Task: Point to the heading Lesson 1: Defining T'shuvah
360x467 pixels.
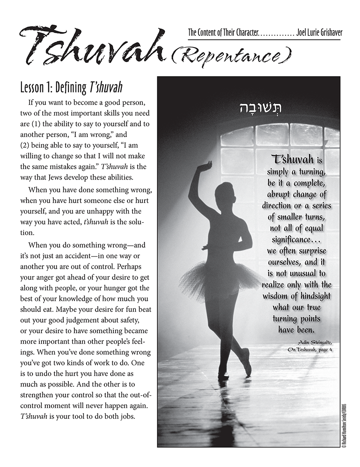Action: click(71, 87)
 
